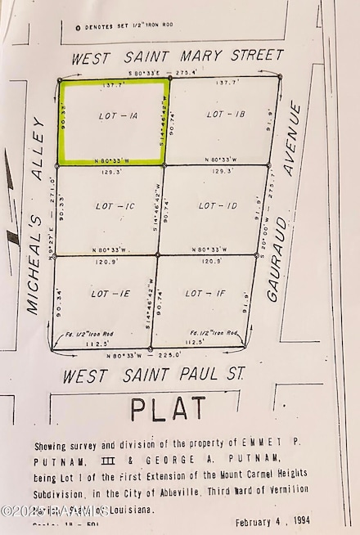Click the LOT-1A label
point(118,116)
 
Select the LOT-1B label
point(226,114)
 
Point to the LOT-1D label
point(218,205)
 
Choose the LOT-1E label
point(110,293)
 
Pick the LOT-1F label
point(205,293)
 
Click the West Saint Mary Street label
point(178,57)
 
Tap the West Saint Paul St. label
point(155,376)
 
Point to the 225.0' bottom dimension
point(171,356)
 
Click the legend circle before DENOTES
point(77,29)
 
